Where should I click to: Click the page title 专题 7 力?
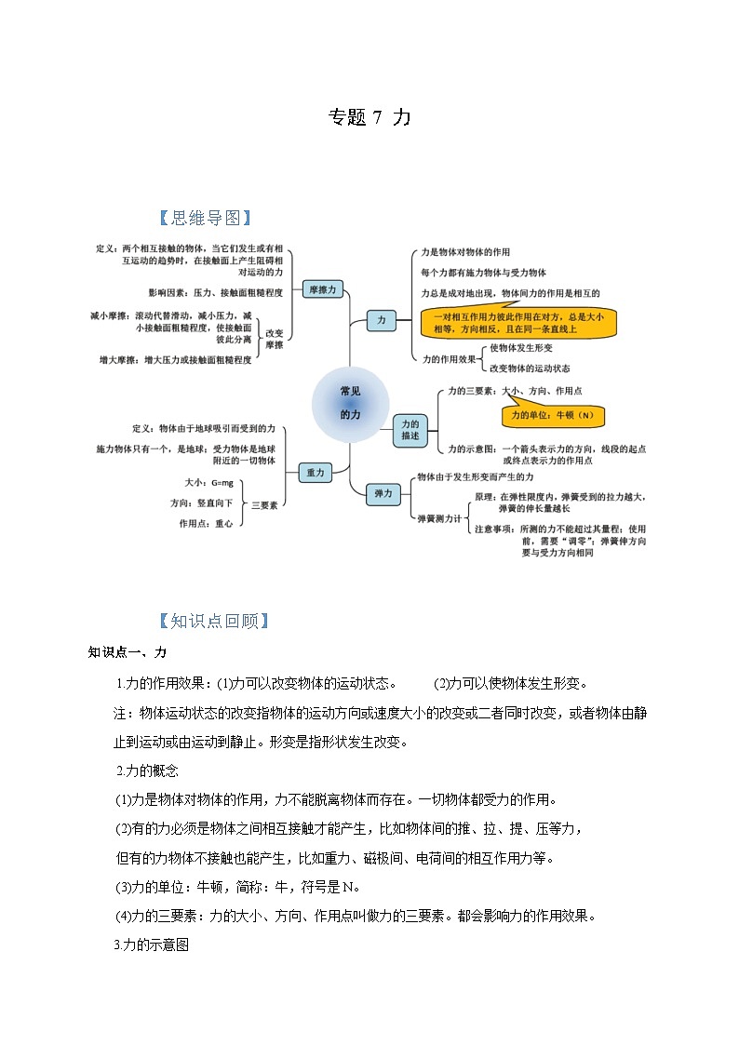[369, 118]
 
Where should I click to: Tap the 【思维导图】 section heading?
[206, 218]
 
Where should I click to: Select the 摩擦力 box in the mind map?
[323, 290]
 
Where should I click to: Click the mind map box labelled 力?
[381, 320]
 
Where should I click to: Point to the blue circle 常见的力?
[350, 403]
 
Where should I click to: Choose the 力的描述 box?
[410, 429]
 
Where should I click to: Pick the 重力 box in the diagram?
[316, 473]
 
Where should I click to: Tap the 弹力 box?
[383, 493]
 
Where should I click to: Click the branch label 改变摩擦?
[274, 339]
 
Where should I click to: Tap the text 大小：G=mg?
[208, 483]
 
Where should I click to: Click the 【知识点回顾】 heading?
[214, 621]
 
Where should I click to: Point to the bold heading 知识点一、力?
[128, 651]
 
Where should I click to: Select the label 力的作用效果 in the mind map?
[449, 358]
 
